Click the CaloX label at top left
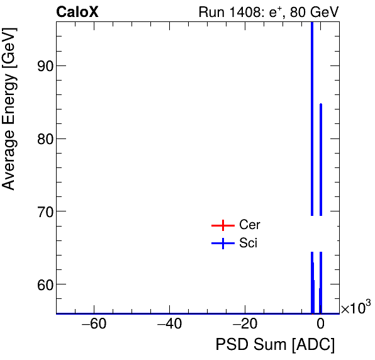(x=77, y=12)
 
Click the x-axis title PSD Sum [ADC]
(x=275, y=345)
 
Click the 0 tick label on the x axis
(x=320, y=325)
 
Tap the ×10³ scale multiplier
(x=355, y=308)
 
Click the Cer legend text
(x=249, y=225)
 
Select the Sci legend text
(x=248, y=244)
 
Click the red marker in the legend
(x=223, y=225)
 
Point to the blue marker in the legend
(x=223, y=244)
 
